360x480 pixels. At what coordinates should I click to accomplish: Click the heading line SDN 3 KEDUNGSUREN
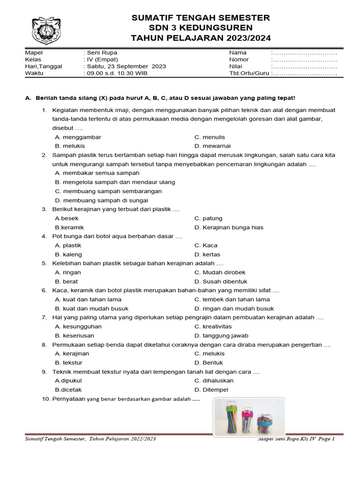201,28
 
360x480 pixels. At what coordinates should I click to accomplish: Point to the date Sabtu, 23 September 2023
125,67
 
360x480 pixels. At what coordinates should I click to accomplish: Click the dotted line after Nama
305,52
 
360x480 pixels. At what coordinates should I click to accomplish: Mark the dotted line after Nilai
305,67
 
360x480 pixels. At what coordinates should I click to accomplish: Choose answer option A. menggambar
78,137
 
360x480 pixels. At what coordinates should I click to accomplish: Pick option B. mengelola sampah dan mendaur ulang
115,182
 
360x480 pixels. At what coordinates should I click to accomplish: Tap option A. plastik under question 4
68,246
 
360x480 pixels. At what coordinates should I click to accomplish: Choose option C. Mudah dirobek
220,273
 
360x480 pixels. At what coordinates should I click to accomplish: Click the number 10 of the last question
45,399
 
